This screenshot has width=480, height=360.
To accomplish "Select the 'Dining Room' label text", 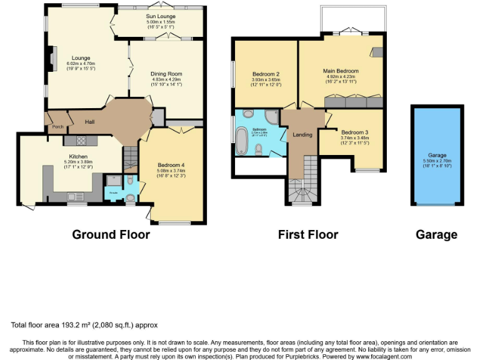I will (x=166, y=74).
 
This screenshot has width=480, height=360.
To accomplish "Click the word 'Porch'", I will (x=58, y=127).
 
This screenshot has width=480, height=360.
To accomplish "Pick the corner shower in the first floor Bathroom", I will (x=272, y=117).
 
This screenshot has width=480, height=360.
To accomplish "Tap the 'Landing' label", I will (x=302, y=134).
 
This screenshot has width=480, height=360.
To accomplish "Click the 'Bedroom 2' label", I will (x=266, y=74).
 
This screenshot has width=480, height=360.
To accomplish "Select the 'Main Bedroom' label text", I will (x=341, y=71).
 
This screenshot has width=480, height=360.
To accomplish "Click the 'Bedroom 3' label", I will (x=354, y=132).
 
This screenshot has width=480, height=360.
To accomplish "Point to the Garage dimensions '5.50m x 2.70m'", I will (x=437, y=161).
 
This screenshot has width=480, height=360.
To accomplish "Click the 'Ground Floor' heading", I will (x=111, y=234).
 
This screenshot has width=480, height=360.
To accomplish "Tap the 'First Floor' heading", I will (x=307, y=234).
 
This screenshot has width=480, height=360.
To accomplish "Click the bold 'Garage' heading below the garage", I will (x=436, y=234).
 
